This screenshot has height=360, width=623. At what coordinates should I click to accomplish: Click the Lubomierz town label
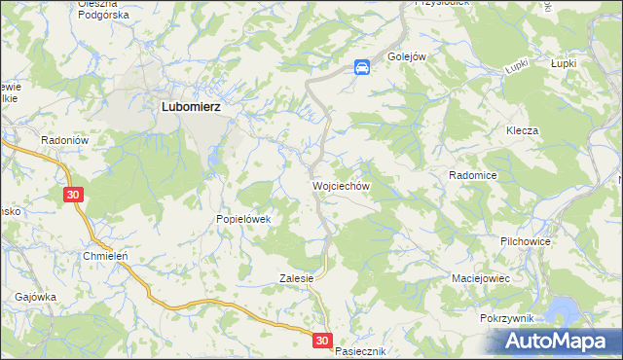pos(189,108)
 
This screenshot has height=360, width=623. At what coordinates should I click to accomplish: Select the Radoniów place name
pos(65,140)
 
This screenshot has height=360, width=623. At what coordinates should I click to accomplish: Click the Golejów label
pos(407,56)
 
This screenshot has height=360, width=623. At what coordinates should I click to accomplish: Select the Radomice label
pos(473,175)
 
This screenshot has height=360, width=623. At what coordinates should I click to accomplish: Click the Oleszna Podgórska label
pos(103,10)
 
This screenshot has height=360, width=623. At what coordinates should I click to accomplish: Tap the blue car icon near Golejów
pos(361,66)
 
